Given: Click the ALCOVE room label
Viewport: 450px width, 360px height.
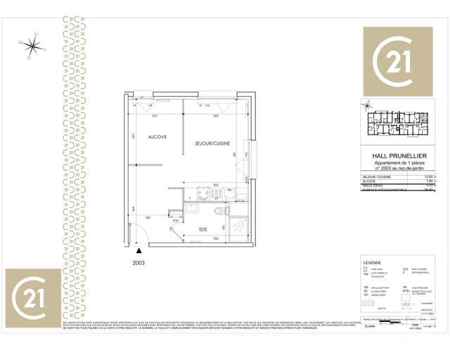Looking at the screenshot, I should point(157,138).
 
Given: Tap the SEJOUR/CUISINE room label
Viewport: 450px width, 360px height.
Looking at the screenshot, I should point(213,143).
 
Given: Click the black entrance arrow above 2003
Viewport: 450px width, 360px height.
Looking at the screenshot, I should point(139,250).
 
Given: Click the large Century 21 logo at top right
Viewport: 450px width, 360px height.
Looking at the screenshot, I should point(397,61).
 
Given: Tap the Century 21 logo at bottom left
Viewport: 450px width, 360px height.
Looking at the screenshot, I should point(32,296).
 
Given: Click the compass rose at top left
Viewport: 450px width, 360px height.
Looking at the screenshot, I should point(32,46).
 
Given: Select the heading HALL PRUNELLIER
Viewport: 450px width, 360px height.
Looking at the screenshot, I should point(397,155).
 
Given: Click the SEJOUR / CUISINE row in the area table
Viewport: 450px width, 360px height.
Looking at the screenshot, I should point(398,177).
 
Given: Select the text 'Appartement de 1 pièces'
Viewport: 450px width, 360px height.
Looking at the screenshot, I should point(397,162).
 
